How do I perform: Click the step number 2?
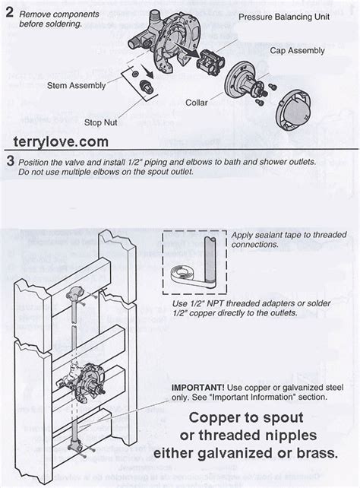(10, 12)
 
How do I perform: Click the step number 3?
(11, 160)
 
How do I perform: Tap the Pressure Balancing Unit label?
(284, 17)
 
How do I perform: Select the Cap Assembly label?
(297, 50)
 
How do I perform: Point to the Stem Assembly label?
(76, 86)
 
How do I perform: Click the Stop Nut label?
(100, 122)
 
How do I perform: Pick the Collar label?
(196, 103)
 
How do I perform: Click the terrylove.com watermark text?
(61, 141)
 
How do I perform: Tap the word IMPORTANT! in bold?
(198, 388)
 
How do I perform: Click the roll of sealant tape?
(182, 275)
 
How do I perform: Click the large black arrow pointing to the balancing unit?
(187, 50)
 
